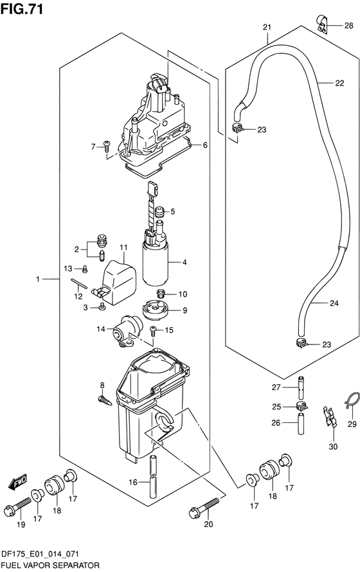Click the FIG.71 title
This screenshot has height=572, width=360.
[x=22, y=8]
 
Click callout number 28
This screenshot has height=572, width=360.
[x=348, y=25]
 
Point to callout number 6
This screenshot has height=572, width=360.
[x=205, y=145]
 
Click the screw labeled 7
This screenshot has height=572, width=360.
[x=107, y=147]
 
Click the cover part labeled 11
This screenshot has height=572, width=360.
[x=117, y=282]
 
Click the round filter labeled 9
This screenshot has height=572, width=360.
[x=156, y=309]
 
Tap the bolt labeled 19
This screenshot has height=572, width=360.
[x=17, y=505]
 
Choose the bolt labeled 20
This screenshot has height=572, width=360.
[x=204, y=508]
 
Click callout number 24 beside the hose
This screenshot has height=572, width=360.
[x=334, y=303]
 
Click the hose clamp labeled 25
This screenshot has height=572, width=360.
[x=301, y=405]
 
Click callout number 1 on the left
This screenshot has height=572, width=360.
[x=37, y=279]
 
